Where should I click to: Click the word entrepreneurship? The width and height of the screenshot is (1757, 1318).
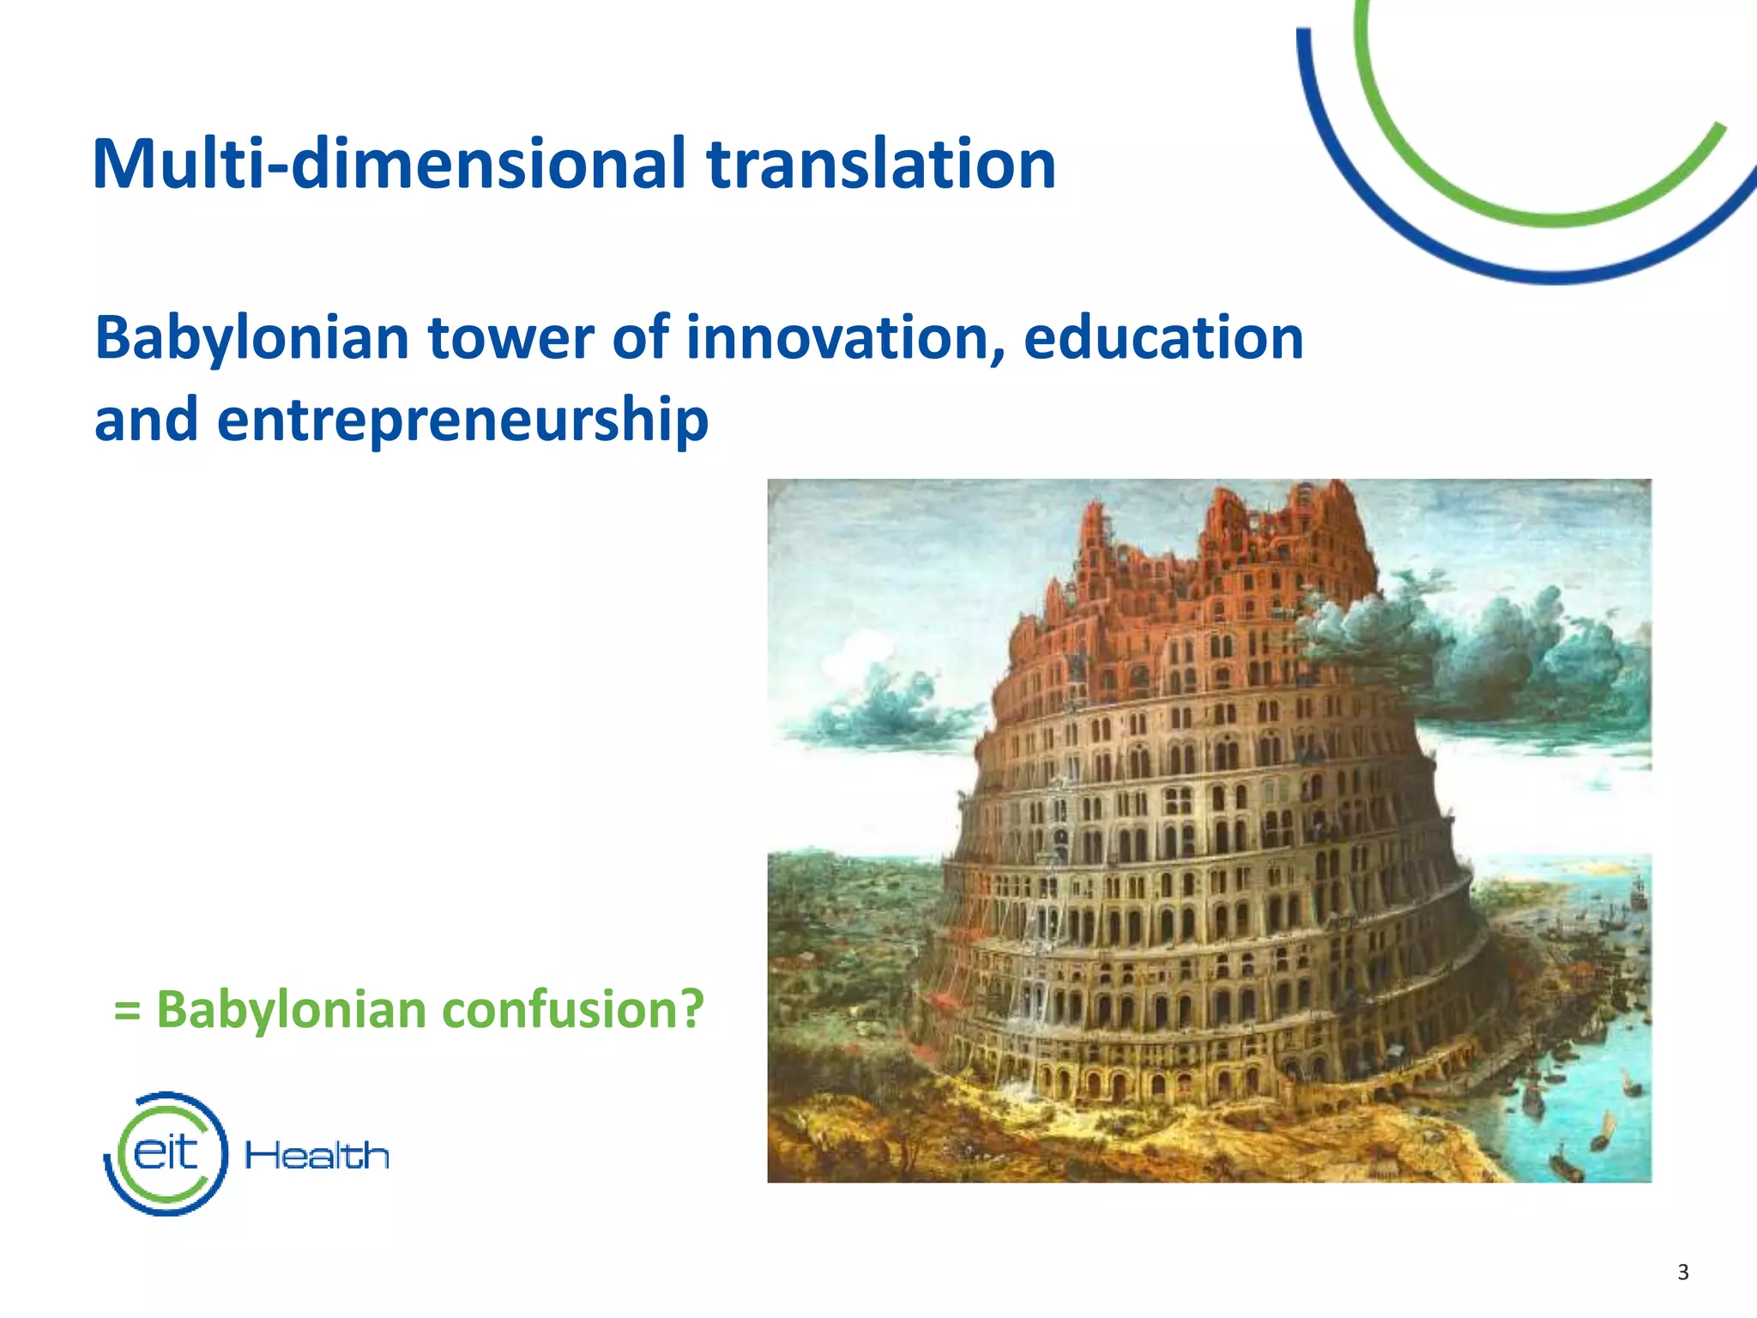click(462, 420)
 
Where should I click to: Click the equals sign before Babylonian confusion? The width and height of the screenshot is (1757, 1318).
click(127, 1011)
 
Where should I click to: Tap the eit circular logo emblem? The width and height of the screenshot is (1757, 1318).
click(166, 1153)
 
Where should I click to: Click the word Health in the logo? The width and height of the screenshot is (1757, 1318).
click(317, 1156)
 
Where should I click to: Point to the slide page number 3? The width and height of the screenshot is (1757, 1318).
click(1682, 1272)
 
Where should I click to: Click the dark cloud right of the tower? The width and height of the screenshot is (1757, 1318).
click(1476, 652)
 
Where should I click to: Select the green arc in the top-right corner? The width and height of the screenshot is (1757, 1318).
click(1544, 215)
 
